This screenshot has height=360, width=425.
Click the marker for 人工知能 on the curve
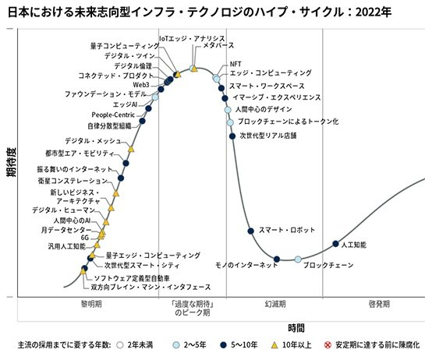pos(336,244)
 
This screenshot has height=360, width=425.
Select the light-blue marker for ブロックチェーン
pos(298,259)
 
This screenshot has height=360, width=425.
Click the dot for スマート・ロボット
pos(250,230)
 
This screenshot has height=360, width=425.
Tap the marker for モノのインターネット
pos(276,258)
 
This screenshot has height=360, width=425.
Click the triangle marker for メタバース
pos(194,69)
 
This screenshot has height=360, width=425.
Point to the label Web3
pos(142,84)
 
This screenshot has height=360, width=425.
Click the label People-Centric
pos(116,115)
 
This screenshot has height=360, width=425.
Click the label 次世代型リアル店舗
pos(267,135)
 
